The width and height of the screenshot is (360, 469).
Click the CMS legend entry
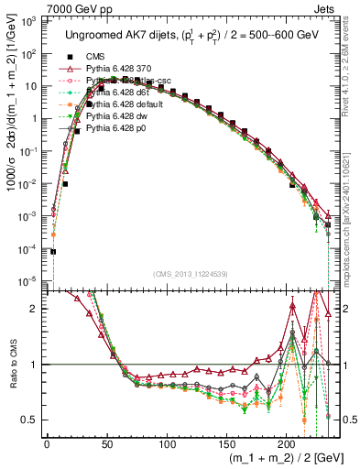click(95, 57)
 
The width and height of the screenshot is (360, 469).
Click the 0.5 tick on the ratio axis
click(33, 420)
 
